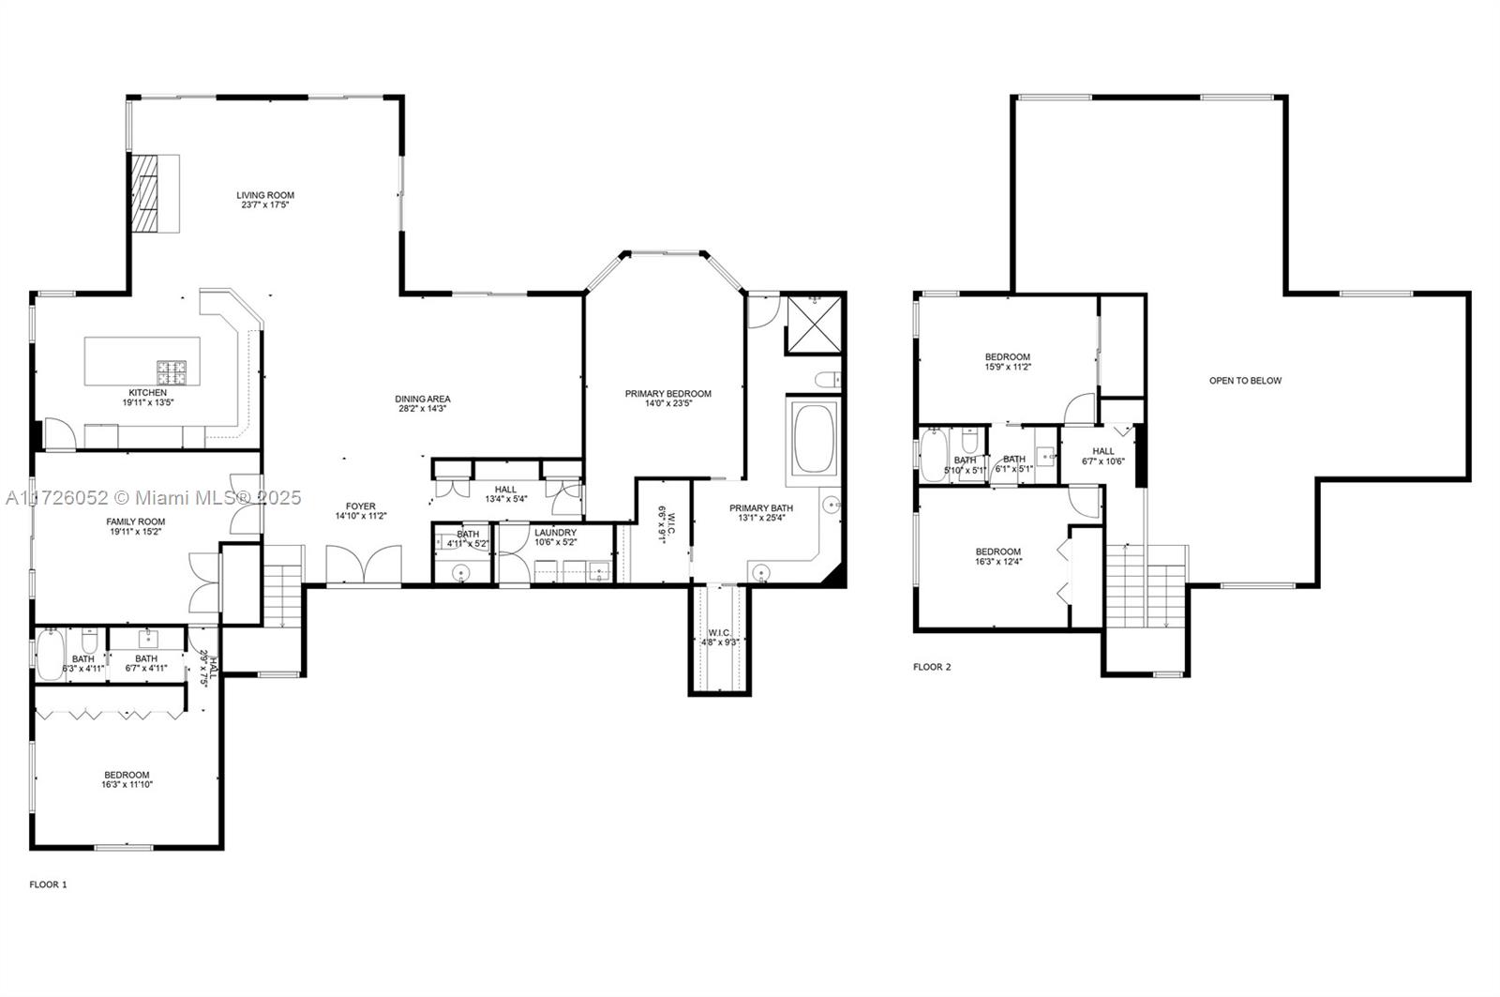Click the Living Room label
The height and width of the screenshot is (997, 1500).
[265, 196]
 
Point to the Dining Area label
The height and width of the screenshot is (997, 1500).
[423, 400]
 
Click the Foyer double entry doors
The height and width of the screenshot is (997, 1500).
[364, 566]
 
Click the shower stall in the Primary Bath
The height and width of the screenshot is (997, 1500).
[814, 325]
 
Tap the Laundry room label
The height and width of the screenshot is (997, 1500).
[555, 533]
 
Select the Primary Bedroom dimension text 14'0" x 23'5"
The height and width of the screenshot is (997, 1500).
[668, 404]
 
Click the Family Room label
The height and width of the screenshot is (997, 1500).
[136, 521]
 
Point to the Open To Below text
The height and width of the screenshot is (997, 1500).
[1245, 381]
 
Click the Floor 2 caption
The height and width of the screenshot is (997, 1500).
[932, 667]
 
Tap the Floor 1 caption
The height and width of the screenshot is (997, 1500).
[49, 884]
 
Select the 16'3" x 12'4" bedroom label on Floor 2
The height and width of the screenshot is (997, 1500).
[998, 557]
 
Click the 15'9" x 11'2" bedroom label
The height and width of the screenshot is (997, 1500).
[1008, 362]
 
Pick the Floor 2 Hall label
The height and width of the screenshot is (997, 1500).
[1103, 451]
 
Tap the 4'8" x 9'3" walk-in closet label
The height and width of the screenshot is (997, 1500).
[720, 638]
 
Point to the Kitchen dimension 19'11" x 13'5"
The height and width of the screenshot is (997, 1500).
[148, 402]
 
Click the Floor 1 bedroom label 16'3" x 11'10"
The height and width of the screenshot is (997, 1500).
[127, 780]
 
